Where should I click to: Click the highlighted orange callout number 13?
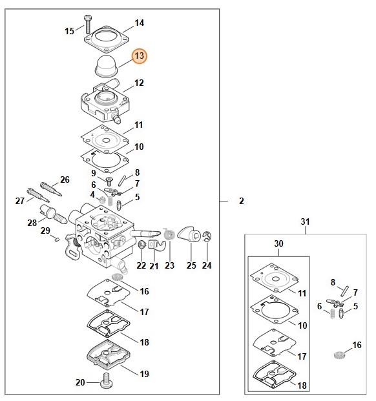point(140,56)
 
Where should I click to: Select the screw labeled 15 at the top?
point(88,25)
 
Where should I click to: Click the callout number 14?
point(139,23)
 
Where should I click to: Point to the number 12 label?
point(139,83)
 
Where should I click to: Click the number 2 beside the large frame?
point(242,201)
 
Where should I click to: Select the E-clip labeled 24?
point(207,236)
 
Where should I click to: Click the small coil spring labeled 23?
point(169,234)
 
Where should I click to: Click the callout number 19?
point(144,374)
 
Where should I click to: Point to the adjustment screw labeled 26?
point(51,189)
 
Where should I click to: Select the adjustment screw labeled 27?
point(38,195)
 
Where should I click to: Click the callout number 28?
point(32,223)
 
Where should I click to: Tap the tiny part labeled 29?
point(57,240)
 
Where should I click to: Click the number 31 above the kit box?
point(305,221)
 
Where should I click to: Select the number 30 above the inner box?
point(278,243)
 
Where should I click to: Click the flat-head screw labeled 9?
point(109,181)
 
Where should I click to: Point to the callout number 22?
point(141,265)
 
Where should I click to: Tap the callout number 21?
point(154,266)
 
